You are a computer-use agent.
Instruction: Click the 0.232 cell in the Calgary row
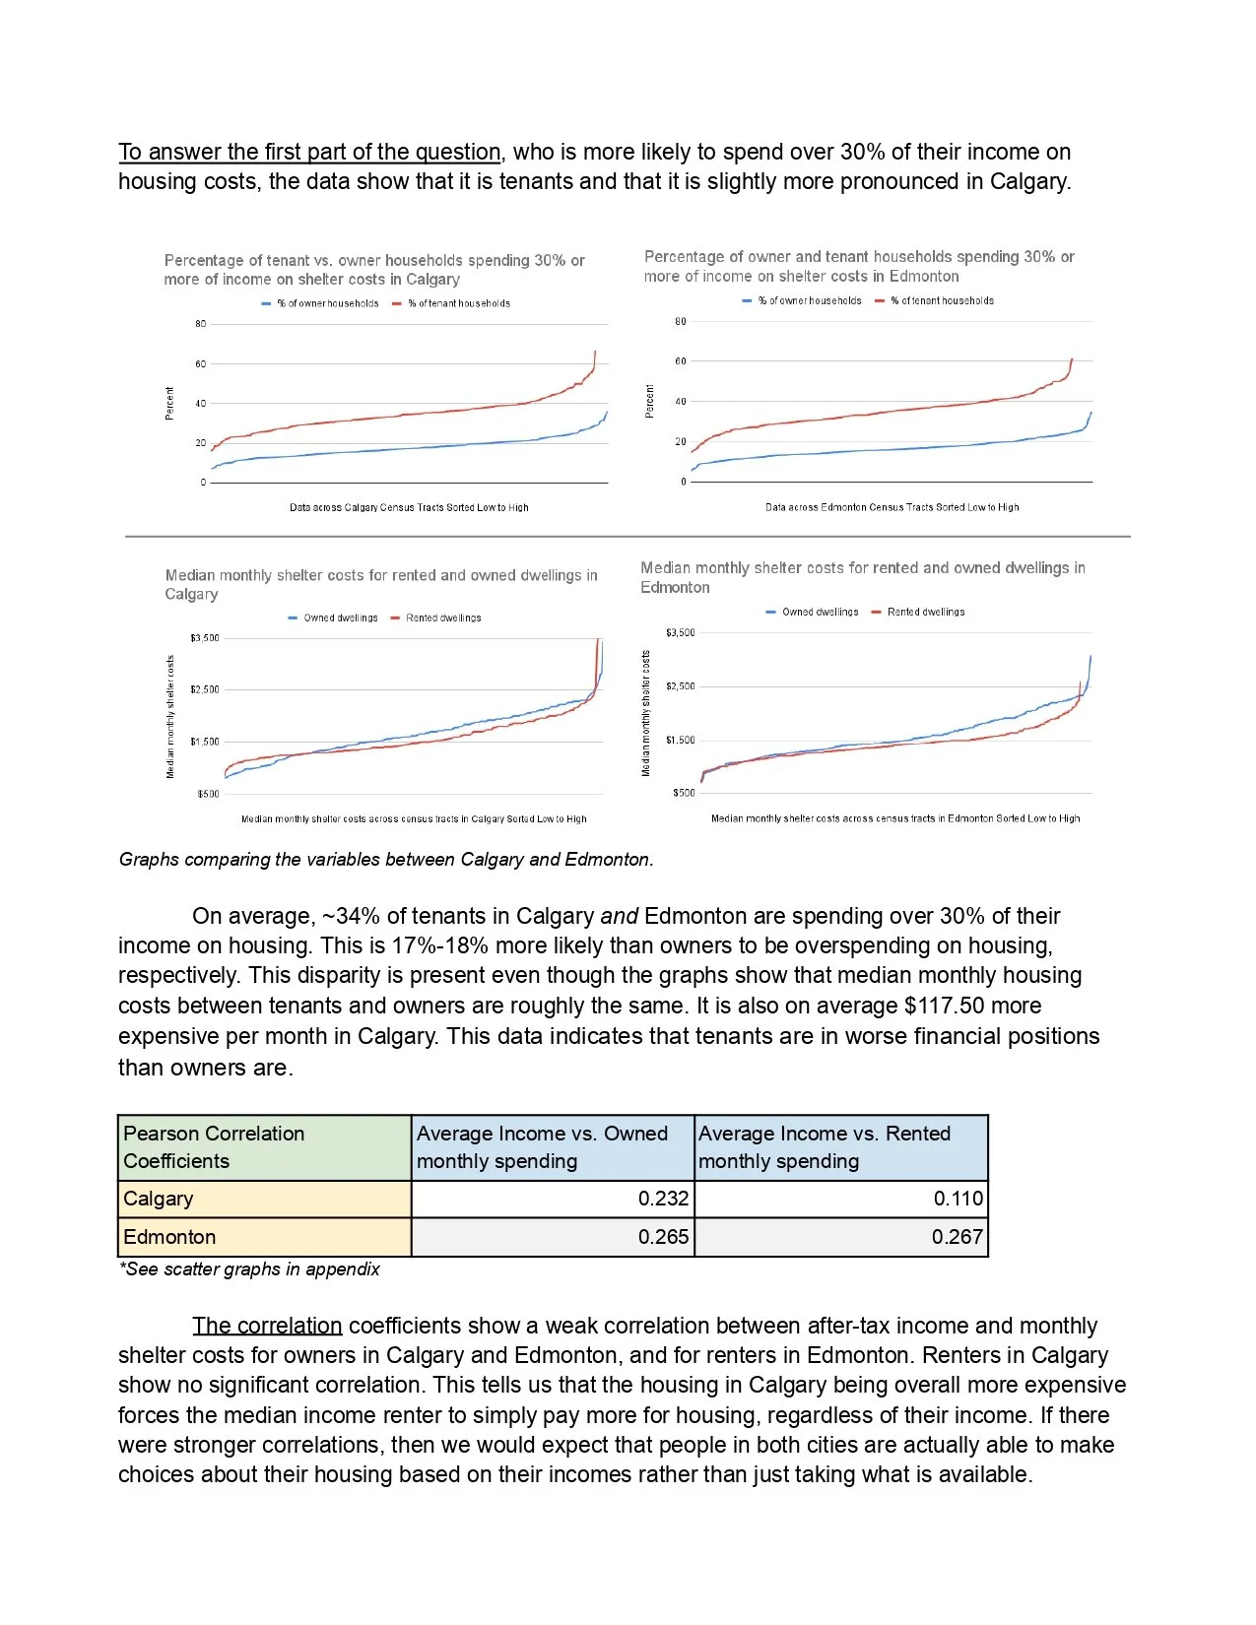(663, 1199)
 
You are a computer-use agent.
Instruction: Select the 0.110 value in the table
(958, 1199)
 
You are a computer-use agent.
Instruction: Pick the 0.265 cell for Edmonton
(663, 1237)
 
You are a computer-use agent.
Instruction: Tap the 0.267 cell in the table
(957, 1237)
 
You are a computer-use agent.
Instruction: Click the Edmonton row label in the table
(169, 1237)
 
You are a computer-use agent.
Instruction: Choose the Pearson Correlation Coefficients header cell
(214, 1147)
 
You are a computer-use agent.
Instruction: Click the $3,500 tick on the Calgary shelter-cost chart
(205, 638)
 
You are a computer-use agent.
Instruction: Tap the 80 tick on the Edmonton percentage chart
(681, 321)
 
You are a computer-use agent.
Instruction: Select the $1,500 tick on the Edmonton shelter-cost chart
(681, 740)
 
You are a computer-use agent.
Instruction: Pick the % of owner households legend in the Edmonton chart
(809, 301)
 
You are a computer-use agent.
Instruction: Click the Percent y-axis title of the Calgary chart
(169, 403)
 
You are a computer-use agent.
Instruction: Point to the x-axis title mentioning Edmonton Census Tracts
(892, 508)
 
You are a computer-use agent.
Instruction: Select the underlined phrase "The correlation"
(267, 1326)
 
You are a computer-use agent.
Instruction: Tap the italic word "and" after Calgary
(620, 916)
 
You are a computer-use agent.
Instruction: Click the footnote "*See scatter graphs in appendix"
(249, 1269)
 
